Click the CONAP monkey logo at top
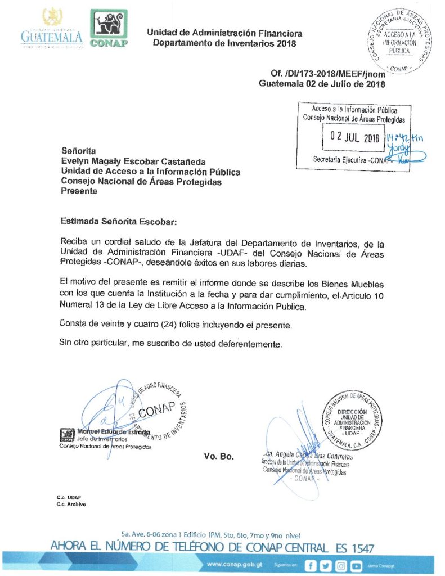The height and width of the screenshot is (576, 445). (109, 29)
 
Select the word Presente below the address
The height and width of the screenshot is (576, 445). (79, 190)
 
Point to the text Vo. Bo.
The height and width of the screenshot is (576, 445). (219, 456)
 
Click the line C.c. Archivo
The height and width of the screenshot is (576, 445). (71, 505)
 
